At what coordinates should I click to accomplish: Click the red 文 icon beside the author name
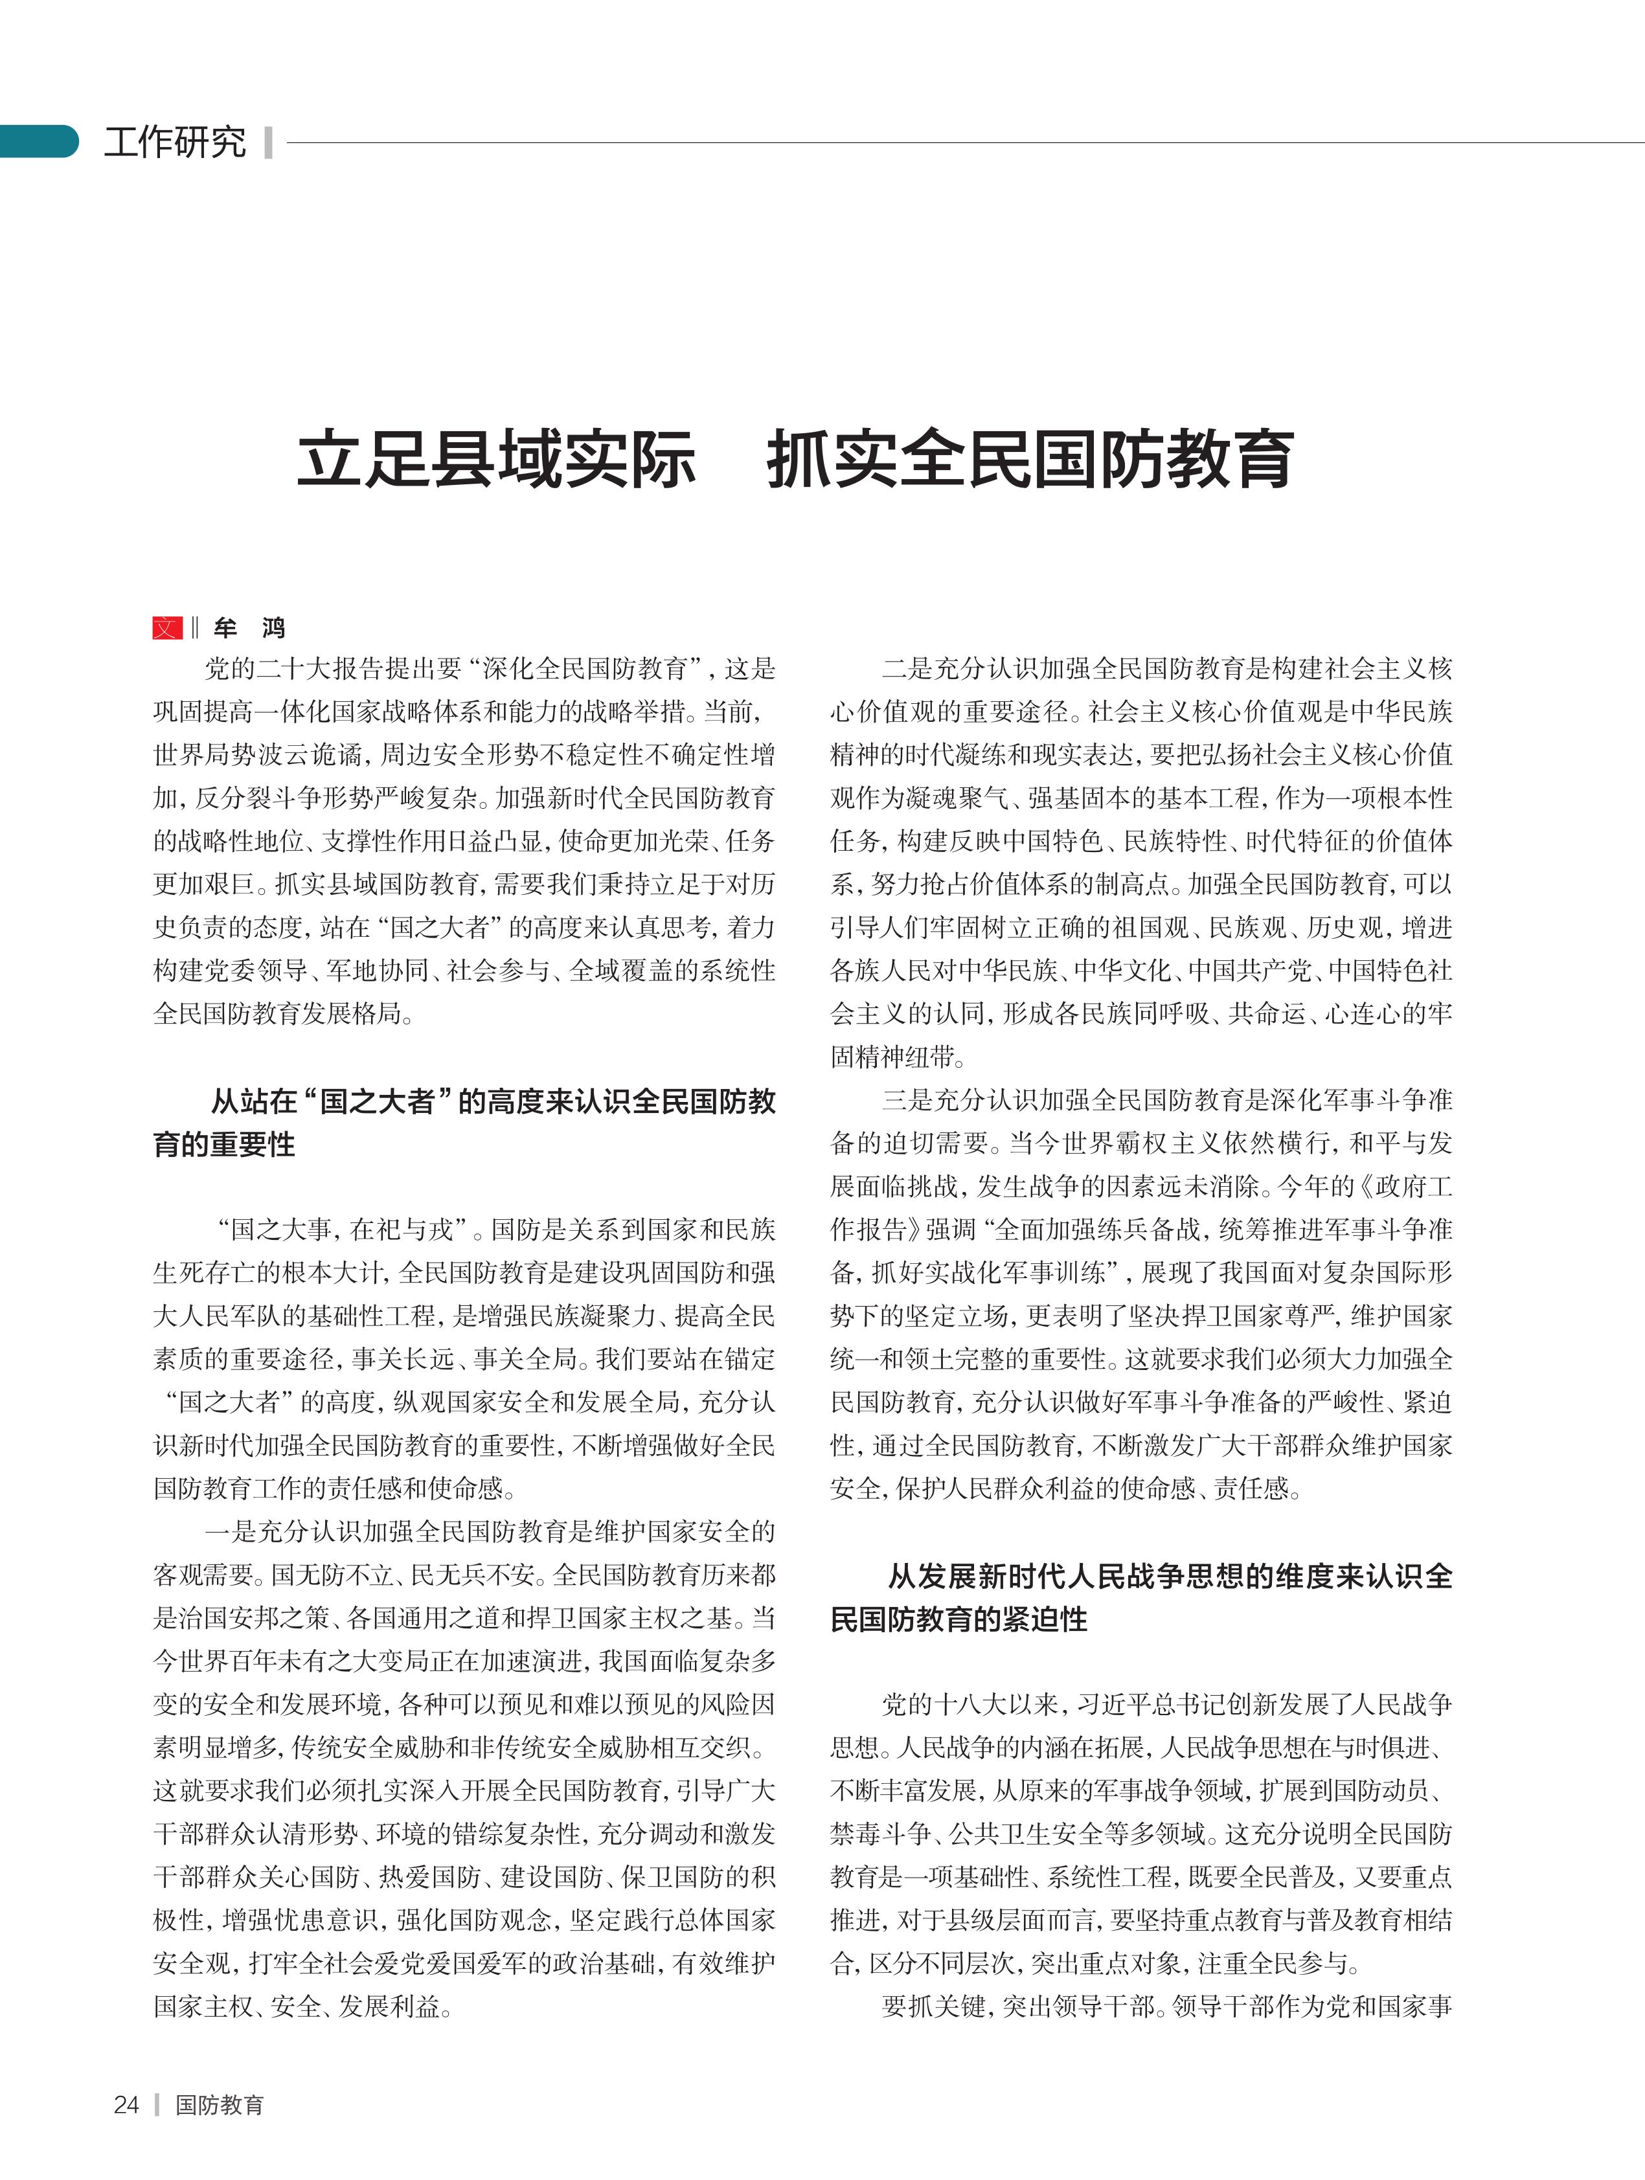[166, 628]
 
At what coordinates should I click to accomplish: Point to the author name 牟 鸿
[249, 628]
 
